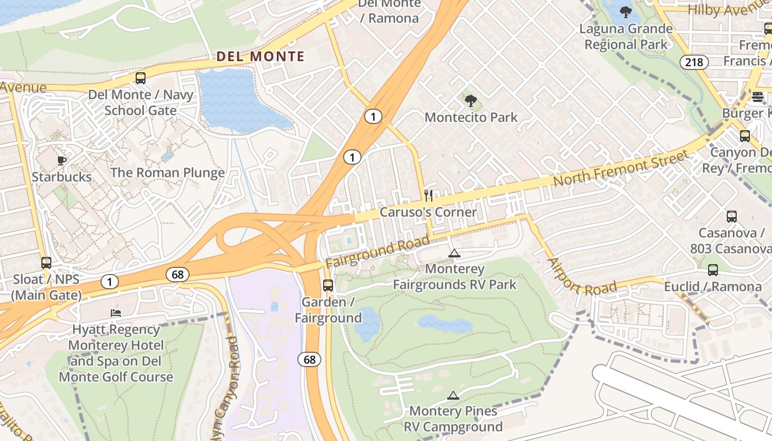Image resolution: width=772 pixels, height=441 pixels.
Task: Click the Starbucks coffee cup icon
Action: pyautogui.click(x=62, y=160)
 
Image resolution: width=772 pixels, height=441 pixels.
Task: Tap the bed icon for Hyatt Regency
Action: pyautogui.click(x=116, y=313)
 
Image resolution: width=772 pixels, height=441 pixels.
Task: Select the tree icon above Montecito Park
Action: pyautogui.click(x=471, y=101)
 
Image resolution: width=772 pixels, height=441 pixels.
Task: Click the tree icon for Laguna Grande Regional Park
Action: pyautogui.click(x=625, y=12)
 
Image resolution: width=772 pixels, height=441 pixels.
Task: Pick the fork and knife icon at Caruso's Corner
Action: pyautogui.click(x=428, y=196)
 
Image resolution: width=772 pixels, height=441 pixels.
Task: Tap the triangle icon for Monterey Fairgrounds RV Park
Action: pyautogui.click(x=454, y=254)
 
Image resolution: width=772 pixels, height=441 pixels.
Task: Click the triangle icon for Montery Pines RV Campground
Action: pyautogui.click(x=453, y=395)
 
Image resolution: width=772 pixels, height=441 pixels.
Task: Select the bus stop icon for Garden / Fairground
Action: pyautogui.click(x=328, y=286)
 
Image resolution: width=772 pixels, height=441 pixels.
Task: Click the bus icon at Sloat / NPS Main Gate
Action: pyautogui.click(x=46, y=263)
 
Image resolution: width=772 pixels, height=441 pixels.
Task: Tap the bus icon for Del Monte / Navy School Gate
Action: pyautogui.click(x=141, y=78)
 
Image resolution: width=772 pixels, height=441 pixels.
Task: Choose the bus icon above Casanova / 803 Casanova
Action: pyautogui.click(x=732, y=217)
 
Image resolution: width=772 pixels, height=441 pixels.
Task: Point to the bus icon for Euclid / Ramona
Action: pyautogui.click(x=713, y=270)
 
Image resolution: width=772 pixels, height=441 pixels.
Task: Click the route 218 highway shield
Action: pyautogui.click(x=694, y=62)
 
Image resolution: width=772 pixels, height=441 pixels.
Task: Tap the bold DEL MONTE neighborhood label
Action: pyautogui.click(x=260, y=56)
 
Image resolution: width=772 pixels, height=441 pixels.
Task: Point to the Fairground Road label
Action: pyautogui.click(x=377, y=252)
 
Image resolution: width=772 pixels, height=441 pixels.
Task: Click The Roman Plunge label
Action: pyautogui.click(x=168, y=173)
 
